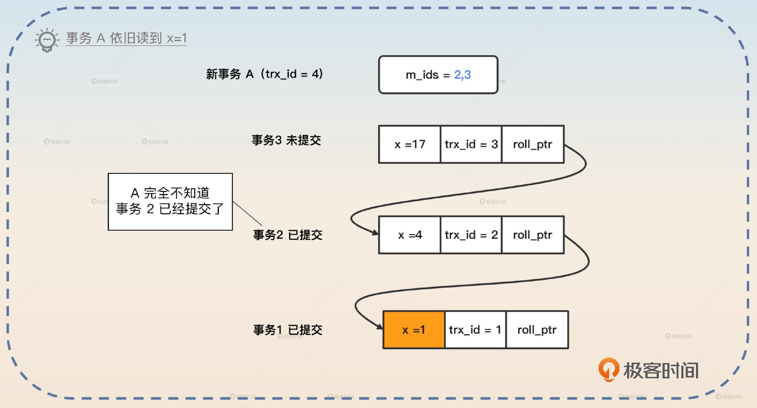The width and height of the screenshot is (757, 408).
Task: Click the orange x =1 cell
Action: [x=414, y=330]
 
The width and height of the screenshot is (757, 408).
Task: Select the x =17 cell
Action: [x=409, y=144]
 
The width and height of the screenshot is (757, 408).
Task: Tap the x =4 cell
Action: [x=409, y=235]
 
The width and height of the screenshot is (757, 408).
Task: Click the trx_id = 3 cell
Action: [x=471, y=144]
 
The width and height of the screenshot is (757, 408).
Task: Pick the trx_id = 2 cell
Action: [x=471, y=235]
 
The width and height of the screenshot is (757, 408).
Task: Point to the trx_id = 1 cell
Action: [x=475, y=330]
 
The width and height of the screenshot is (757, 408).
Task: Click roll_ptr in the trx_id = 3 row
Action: [x=533, y=144]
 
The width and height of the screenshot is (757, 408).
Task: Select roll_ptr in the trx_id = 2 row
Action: [x=533, y=235]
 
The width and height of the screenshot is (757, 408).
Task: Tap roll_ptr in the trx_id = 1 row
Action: [x=537, y=330]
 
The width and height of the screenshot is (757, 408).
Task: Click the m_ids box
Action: [x=438, y=75]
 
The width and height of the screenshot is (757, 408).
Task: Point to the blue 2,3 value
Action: [x=462, y=75]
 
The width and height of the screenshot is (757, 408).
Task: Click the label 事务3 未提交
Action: [x=286, y=140]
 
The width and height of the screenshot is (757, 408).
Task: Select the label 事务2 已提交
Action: [x=287, y=235]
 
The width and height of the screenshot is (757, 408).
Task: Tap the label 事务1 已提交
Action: [x=287, y=330]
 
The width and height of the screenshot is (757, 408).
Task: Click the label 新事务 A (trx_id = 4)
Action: [x=264, y=74]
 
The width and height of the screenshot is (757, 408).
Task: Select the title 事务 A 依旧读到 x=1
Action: [x=126, y=38]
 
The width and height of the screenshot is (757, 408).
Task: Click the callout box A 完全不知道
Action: [x=170, y=201]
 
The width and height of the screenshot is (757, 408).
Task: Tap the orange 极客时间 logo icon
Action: [x=608, y=369]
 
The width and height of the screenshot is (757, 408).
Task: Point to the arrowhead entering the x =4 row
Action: [x=375, y=233]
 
